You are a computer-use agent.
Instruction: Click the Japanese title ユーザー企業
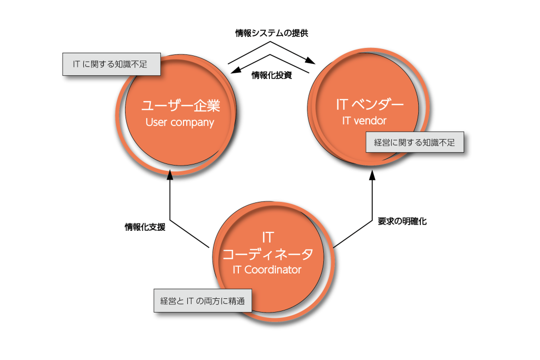(x=180, y=105)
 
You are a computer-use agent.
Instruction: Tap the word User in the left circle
(x=156, y=123)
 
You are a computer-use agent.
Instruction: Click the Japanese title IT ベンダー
(x=370, y=104)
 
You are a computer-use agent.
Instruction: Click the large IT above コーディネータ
(x=267, y=237)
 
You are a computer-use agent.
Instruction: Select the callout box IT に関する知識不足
(x=111, y=64)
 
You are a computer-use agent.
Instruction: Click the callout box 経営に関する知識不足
(x=414, y=142)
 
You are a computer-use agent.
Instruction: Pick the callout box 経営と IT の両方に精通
(x=202, y=301)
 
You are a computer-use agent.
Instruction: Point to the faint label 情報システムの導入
(x=271, y=33)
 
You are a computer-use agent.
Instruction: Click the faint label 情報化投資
(x=271, y=75)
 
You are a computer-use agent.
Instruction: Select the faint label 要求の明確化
(x=401, y=222)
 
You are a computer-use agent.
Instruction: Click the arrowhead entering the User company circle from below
(x=169, y=175)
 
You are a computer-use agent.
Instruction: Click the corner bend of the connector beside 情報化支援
(x=170, y=220)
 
